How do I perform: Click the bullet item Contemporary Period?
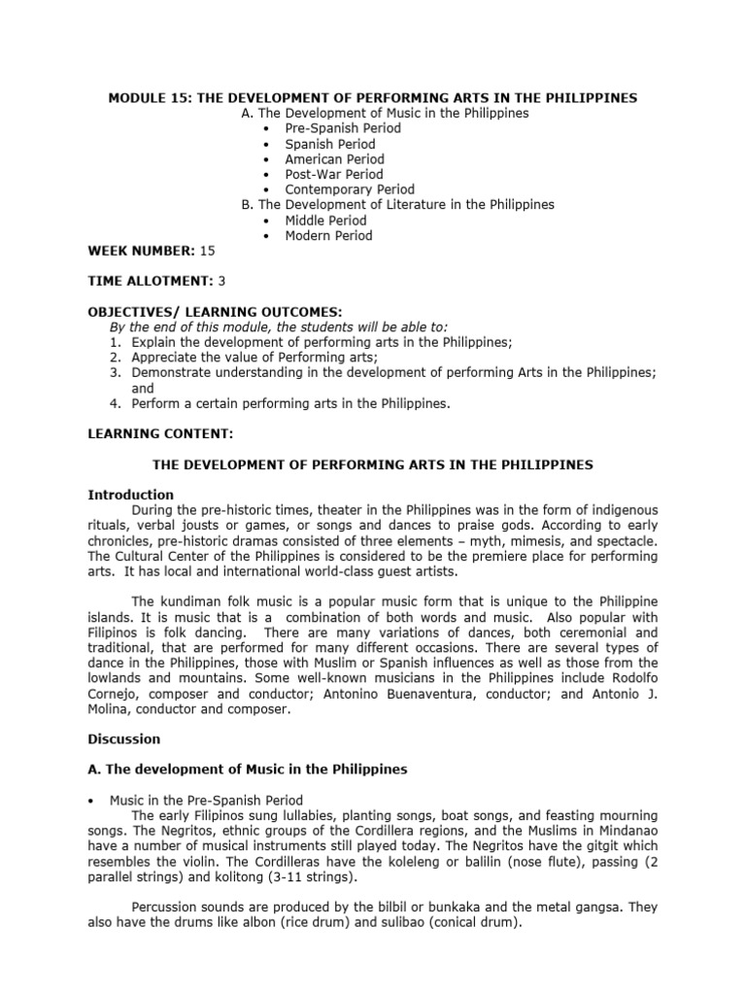349,189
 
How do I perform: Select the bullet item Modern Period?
328,235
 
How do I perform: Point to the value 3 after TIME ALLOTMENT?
222,281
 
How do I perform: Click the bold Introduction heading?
131,495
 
